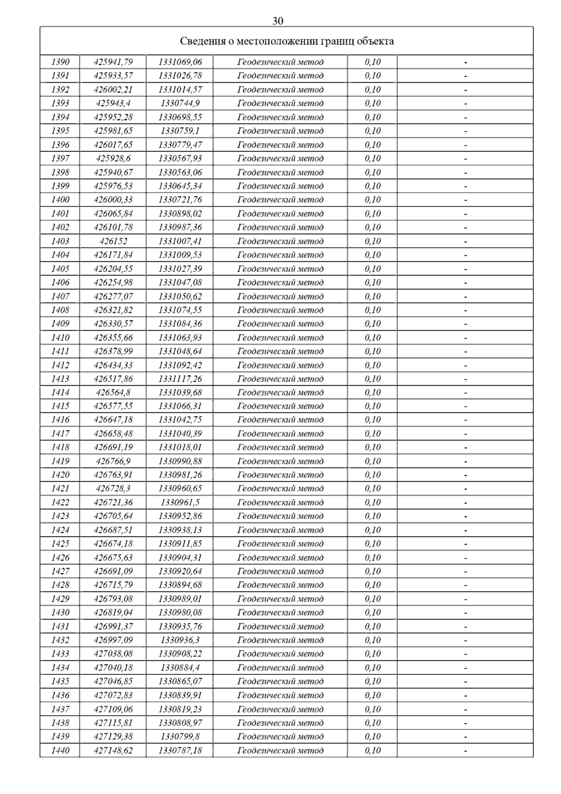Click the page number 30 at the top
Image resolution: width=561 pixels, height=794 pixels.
click(278, 21)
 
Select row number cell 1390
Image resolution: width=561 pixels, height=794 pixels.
click(60, 62)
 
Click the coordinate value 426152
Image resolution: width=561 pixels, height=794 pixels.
click(113, 241)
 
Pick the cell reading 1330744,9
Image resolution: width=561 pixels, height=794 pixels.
click(180, 103)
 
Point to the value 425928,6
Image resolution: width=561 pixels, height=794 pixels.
click(113, 159)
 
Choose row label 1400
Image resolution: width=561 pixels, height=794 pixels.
click(60, 200)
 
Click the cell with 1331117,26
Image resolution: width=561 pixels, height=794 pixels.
click(180, 379)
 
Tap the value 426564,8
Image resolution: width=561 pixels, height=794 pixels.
click(113, 392)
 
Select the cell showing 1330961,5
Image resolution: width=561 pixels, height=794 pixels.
click(180, 503)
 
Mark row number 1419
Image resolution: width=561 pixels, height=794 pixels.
click(60, 462)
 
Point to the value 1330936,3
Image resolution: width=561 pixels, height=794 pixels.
click(180, 640)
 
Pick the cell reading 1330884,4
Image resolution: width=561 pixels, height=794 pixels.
click(180, 668)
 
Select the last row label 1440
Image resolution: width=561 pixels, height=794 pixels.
click(60, 751)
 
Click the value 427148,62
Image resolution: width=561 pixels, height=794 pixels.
click(113, 751)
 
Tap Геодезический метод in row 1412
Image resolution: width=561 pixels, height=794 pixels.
click(280, 365)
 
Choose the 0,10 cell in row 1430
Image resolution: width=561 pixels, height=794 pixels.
click(373, 613)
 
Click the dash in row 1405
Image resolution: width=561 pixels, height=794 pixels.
click(466, 269)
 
